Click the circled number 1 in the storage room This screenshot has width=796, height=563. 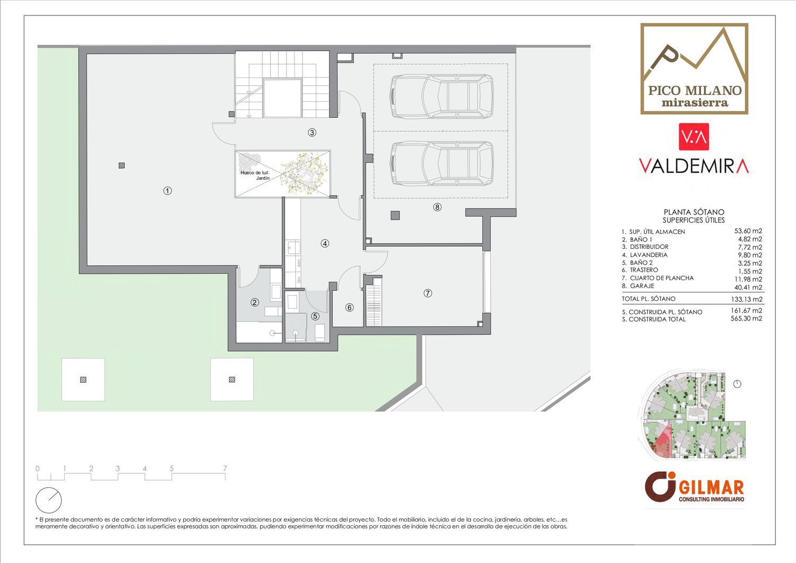[x=167, y=191]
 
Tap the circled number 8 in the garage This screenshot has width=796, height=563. [x=437, y=207]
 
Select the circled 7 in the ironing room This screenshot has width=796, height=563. [x=428, y=293]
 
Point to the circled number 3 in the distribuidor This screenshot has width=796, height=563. [x=312, y=133]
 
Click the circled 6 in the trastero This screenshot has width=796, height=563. [x=349, y=307]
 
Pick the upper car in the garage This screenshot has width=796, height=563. [x=442, y=97]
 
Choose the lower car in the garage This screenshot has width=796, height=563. [x=442, y=164]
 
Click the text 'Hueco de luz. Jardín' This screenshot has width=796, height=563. [x=255, y=175]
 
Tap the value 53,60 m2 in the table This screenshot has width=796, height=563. [x=748, y=231]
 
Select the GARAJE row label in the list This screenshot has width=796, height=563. [x=642, y=286]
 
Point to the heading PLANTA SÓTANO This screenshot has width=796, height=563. [x=694, y=212]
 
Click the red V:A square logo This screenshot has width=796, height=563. [x=694, y=137]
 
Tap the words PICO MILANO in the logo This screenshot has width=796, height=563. [x=695, y=90]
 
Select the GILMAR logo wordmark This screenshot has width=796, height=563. [x=711, y=487]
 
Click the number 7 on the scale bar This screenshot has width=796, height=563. [x=224, y=469]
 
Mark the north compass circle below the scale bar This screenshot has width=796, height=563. [x=49, y=500]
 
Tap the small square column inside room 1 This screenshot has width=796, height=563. [x=122, y=165]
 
